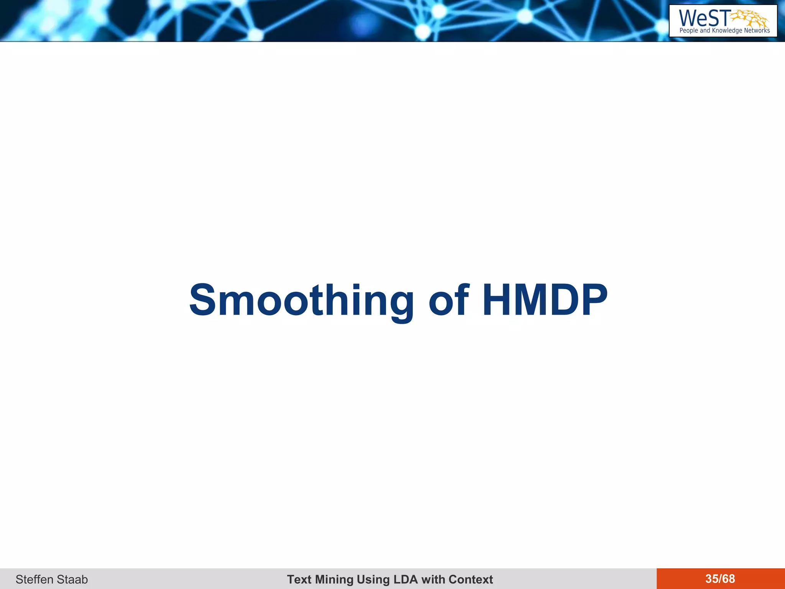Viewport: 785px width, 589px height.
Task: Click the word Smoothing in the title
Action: pyautogui.click(x=301, y=301)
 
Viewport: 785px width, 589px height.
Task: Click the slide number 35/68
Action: pyautogui.click(x=720, y=579)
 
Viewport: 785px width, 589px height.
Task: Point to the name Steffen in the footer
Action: pyautogui.click(x=33, y=579)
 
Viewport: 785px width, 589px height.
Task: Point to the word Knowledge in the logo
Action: pyautogui.click(x=727, y=31)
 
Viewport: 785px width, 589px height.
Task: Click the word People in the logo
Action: pyautogui.click(x=689, y=31)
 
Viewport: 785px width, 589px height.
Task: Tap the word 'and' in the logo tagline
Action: pyautogui.click(x=705, y=31)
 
